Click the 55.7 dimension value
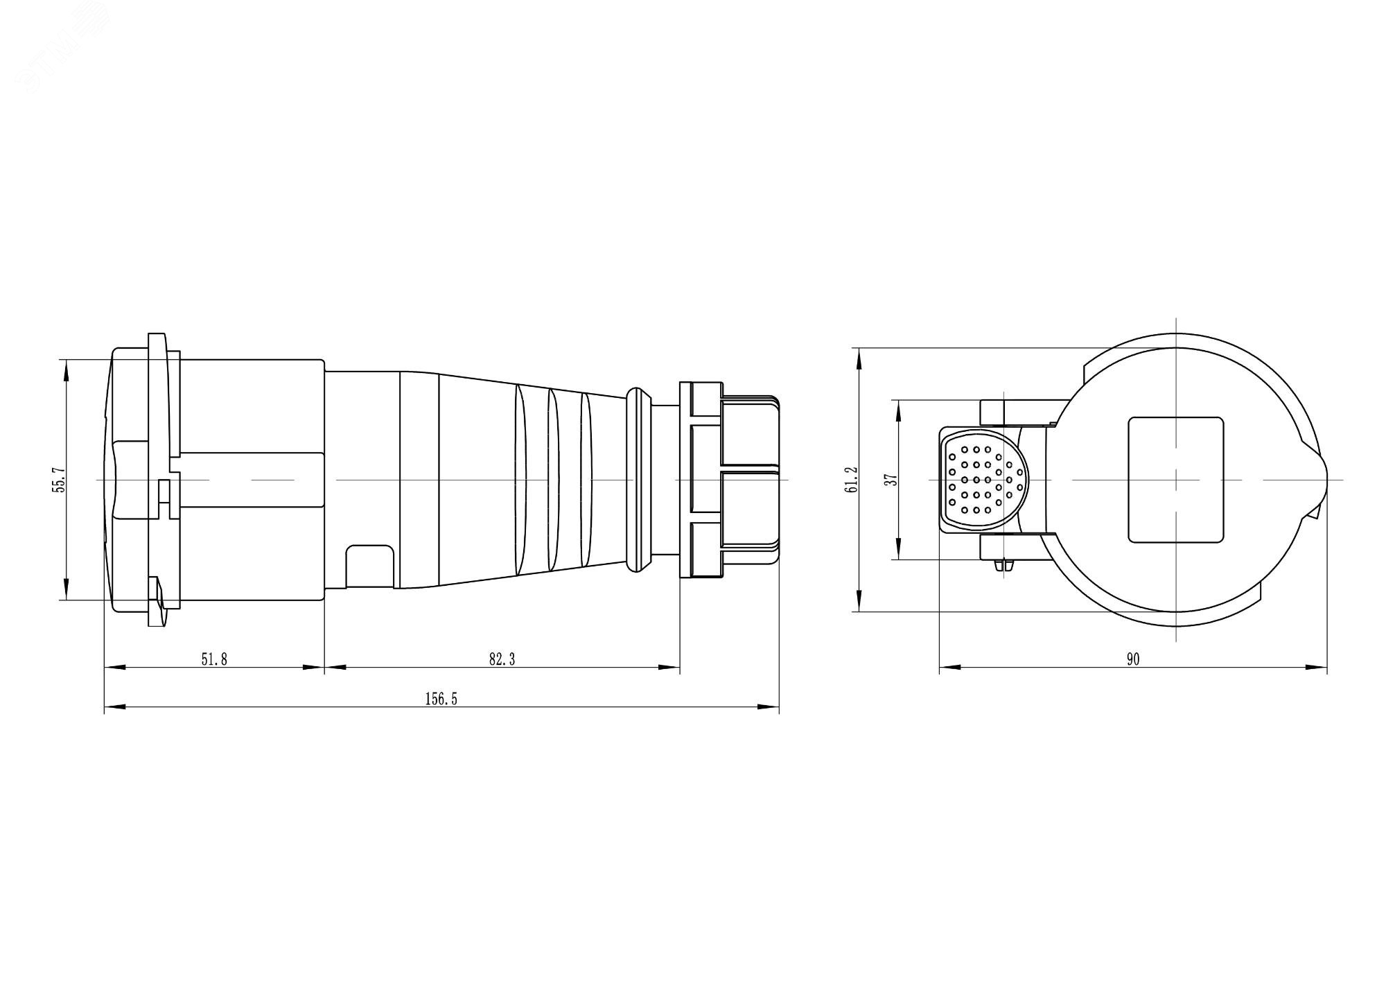[x=60, y=479]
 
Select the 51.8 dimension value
[x=214, y=659]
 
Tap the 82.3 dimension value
[x=502, y=659]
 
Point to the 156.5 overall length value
[x=441, y=699]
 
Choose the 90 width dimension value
[x=1132, y=659]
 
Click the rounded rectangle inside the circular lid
[x=1175, y=480]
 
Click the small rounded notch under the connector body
[x=369, y=566]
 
